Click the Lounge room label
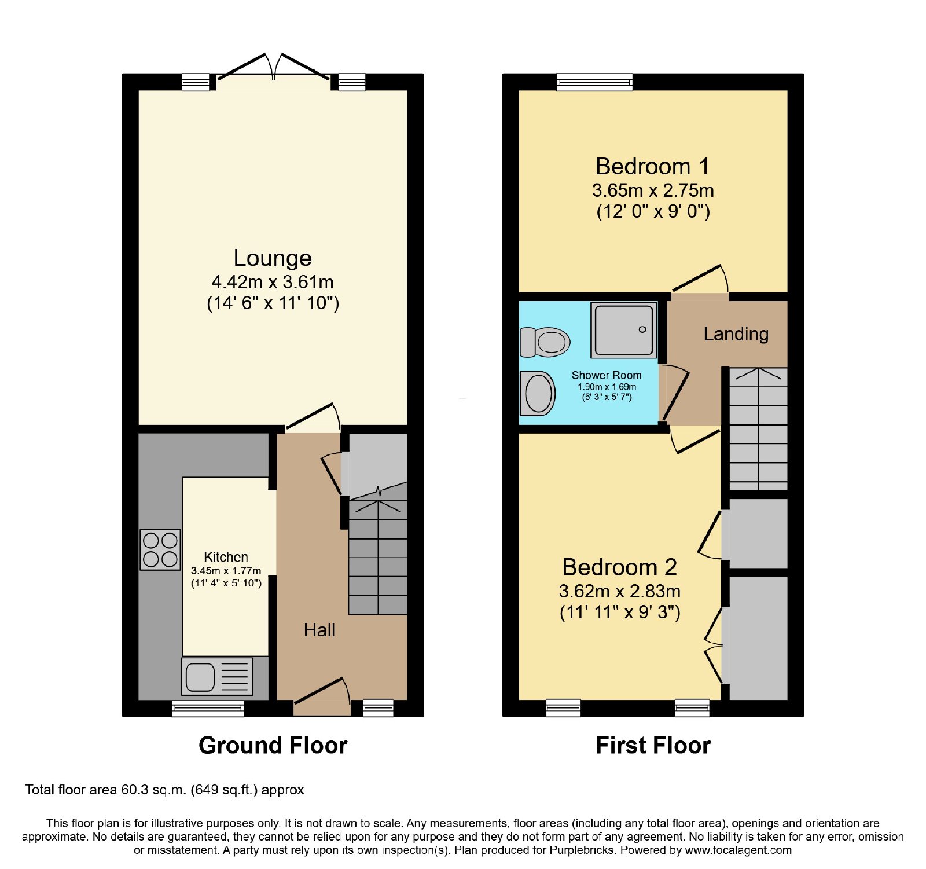coord(273,258)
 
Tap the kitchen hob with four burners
coord(160,549)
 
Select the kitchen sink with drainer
coord(218,676)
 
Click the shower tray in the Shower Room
coord(624,330)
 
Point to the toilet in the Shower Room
coord(545,342)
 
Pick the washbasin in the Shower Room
coord(538,394)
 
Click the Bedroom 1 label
coord(652,167)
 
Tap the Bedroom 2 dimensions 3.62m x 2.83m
coord(619,591)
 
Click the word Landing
coord(736,334)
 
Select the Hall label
coord(319,630)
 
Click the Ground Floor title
coord(273,745)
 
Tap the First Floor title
coord(653,745)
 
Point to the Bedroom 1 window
coord(594,82)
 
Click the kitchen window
coord(208,708)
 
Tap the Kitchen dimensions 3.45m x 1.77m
coord(226,571)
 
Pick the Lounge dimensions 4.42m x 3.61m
coord(273,282)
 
